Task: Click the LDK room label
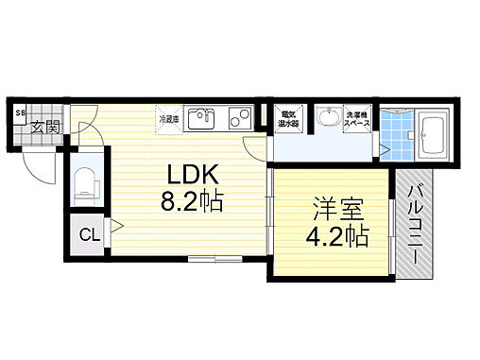(195, 176)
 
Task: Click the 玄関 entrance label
(44, 127)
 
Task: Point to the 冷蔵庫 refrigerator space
(168, 119)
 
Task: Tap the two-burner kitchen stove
(239, 118)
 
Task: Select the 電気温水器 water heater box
(288, 119)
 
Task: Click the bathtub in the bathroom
(436, 129)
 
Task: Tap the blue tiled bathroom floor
(397, 142)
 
